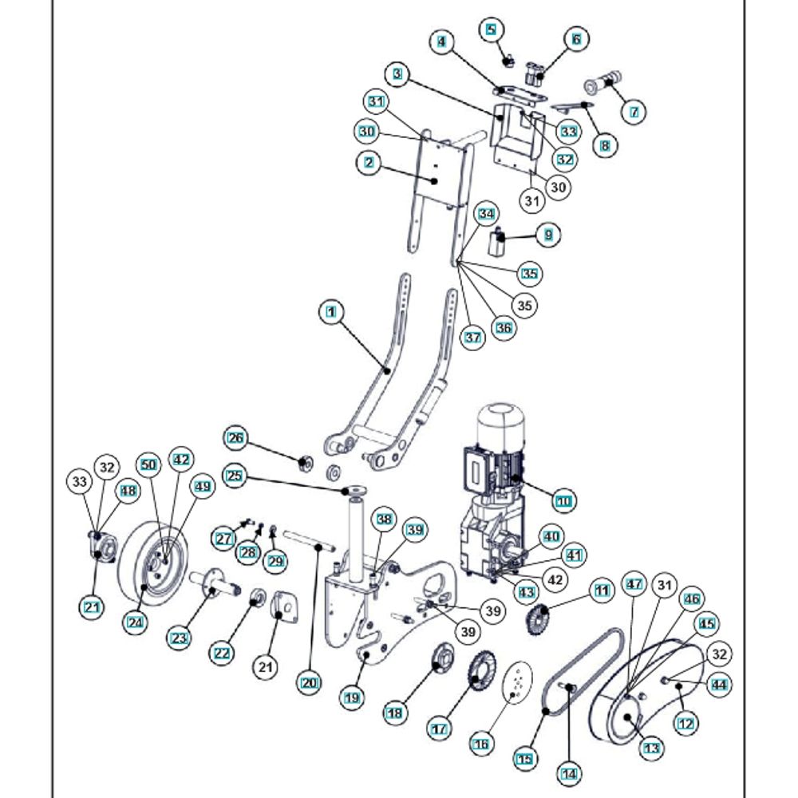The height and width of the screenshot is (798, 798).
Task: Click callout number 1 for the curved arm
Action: pos(331,311)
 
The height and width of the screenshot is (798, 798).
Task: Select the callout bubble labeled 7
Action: pos(634,112)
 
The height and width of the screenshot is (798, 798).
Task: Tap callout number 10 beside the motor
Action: pos(564,501)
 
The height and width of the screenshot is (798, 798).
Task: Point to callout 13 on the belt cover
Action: pos(651,749)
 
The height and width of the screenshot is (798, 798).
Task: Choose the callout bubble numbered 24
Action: pos(136,622)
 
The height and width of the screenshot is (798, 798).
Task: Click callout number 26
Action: pos(235,437)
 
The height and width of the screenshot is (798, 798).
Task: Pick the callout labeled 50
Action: pos(148,464)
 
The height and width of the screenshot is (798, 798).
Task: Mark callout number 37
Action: pos(472,338)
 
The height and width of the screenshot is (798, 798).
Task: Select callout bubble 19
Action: pos(352,697)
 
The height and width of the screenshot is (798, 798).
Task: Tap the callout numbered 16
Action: pos(481,745)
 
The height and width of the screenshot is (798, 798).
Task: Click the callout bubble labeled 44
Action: pos(719,685)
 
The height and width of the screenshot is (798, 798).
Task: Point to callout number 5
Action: pos(491,29)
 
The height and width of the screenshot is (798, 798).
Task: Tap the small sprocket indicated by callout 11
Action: pos(537,617)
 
